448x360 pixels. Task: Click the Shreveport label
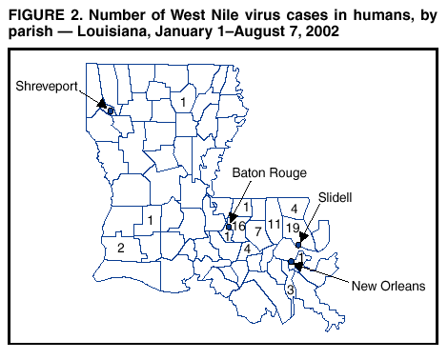pos(46,86)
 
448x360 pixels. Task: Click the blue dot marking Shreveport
pos(111,111)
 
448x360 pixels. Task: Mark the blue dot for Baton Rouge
pos(230,227)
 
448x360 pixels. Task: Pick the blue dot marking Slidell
pos(299,246)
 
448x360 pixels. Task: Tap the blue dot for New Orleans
pos(291,262)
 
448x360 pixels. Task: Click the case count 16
pos(238,227)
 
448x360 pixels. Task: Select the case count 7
pos(257,231)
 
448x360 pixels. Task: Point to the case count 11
pos(275,225)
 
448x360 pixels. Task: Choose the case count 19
pos(293,228)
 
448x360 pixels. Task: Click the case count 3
pos(288,289)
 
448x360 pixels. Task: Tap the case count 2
pos(120,248)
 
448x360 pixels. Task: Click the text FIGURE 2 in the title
pos(43,13)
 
